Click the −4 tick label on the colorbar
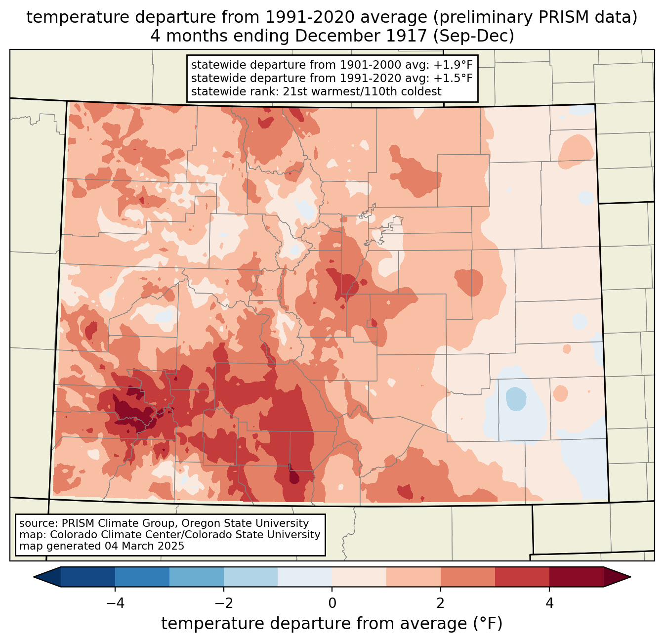pyautogui.click(x=115, y=603)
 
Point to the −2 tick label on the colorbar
pyautogui.click(x=224, y=603)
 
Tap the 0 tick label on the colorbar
pyautogui.click(x=332, y=603)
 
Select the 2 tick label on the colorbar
pyautogui.click(x=441, y=603)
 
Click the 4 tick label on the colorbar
pyautogui.click(x=549, y=603)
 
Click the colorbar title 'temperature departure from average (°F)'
pyautogui.click(x=332, y=623)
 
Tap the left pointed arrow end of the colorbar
pyautogui.click(x=47, y=577)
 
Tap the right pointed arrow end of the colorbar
pyautogui.click(x=617, y=577)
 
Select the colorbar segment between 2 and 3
pyautogui.click(x=468, y=577)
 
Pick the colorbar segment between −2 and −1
pyautogui.click(x=251, y=577)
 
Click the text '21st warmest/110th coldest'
pyautogui.click(x=362, y=91)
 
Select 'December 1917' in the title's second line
pyautogui.click(x=361, y=36)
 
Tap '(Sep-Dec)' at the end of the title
pyautogui.click(x=474, y=36)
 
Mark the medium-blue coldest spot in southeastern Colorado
pyautogui.click(x=516, y=399)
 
